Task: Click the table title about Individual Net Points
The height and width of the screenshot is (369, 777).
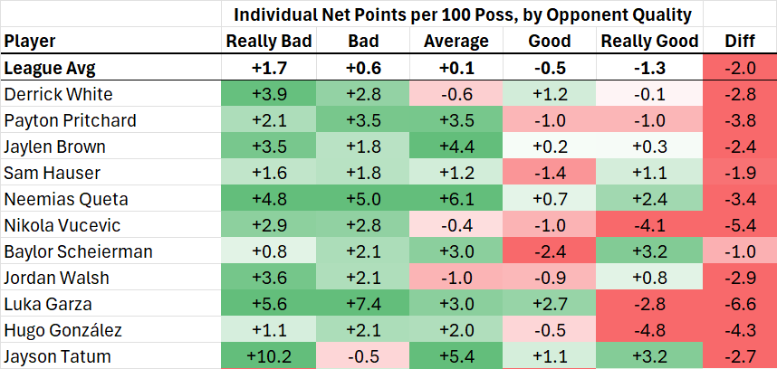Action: click(x=463, y=14)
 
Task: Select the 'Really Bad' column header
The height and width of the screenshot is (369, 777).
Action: click(x=269, y=41)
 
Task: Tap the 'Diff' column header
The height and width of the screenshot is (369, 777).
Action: click(x=739, y=41)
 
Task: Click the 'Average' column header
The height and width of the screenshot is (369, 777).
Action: click(x=456, y=41)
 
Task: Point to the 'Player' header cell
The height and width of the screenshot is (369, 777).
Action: click(x=30, y=41)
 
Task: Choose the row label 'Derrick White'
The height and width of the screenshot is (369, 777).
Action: click(x=58, y=94)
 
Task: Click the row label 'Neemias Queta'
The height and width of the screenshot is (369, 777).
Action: click(x=66, y=199)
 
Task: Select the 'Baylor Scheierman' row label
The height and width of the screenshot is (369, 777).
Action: click(x=78, y=251)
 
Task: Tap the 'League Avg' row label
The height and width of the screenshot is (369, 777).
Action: click(x=50, y=68)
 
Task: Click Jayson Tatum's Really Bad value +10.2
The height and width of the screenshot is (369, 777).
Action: click(x=269, y=356)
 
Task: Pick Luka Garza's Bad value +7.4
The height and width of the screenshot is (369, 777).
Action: click(x=363, y=304)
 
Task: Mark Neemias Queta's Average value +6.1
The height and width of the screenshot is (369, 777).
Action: click(x=456, y=199)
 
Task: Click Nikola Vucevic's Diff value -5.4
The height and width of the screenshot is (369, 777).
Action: click(x=739, y=225)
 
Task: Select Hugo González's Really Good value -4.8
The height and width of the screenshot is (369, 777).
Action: click(x=649, y=330)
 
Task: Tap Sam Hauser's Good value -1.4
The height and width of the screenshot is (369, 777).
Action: click(x=550, y=173)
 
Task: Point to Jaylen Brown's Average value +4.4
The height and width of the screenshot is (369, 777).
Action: click(x=456, y=147)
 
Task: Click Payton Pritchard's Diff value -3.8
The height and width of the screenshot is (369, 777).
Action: click(x=739, y=120)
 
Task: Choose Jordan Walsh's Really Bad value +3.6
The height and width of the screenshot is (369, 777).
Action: click(x=269, y=278)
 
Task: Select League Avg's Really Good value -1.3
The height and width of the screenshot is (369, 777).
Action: click(x=649, y=68)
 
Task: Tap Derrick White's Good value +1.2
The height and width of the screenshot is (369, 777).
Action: click(x=550, y=94)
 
